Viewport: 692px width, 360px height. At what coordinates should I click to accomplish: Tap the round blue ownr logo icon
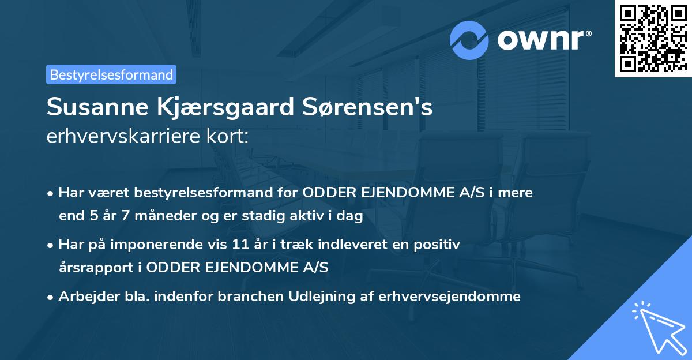point(469,40)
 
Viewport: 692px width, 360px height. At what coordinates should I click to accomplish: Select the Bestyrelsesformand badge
point(111,74)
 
